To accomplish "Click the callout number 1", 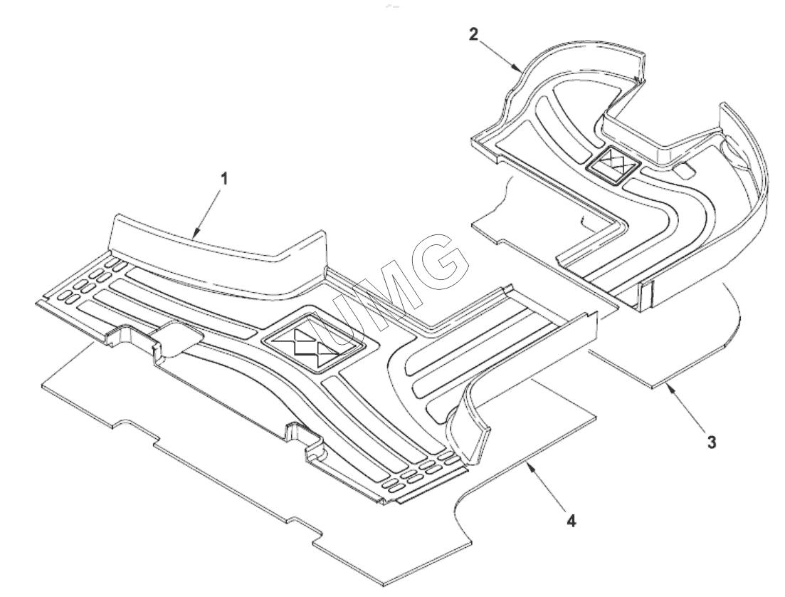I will [x=224, y=179].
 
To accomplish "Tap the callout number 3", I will [x=711, y=442].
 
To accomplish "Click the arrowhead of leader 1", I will [x=193, y=234].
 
